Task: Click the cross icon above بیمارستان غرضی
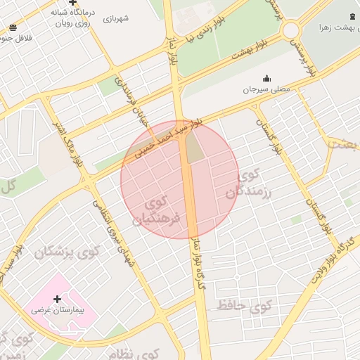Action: click(57, 300)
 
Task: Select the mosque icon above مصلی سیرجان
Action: click(266, 78)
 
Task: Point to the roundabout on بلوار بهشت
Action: click(290, 31)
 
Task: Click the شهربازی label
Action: click(116, 19)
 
